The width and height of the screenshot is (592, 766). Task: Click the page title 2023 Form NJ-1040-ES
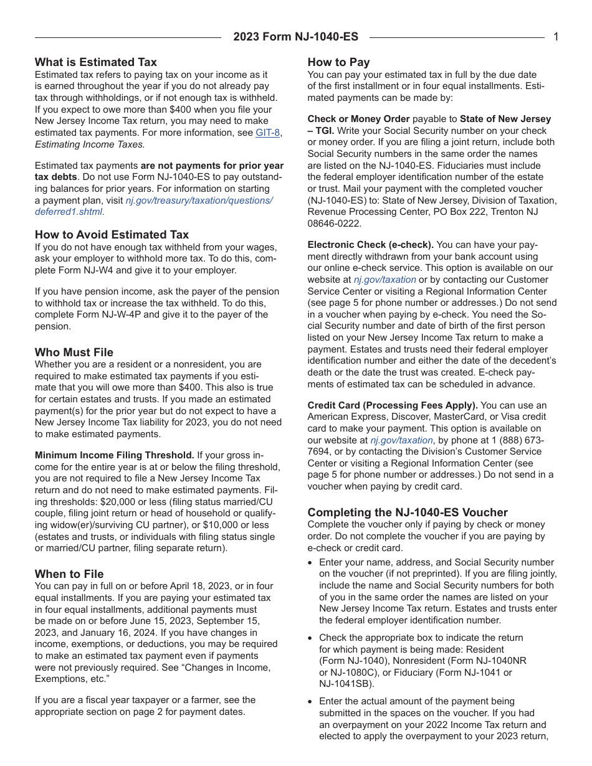coord(295,37)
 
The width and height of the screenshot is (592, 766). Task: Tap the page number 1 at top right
coord(556,37)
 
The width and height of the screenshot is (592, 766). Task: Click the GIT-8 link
coord(268,133)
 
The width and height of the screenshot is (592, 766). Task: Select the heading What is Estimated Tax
coord(96,62)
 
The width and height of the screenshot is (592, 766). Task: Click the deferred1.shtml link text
coord(69,212)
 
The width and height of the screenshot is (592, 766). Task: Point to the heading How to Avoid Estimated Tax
coord(112,235)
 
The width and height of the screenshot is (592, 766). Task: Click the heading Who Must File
coord(74,352)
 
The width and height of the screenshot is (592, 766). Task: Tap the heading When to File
coord(69,574)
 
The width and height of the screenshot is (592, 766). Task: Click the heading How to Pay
coord(338,62)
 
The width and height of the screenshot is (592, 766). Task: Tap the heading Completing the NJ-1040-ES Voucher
coord(408,513)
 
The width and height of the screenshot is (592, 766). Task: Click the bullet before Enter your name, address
coord(311,563)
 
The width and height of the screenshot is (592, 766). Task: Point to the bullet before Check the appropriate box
coord(311,638)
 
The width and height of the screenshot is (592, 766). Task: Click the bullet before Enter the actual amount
coord(311,702)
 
